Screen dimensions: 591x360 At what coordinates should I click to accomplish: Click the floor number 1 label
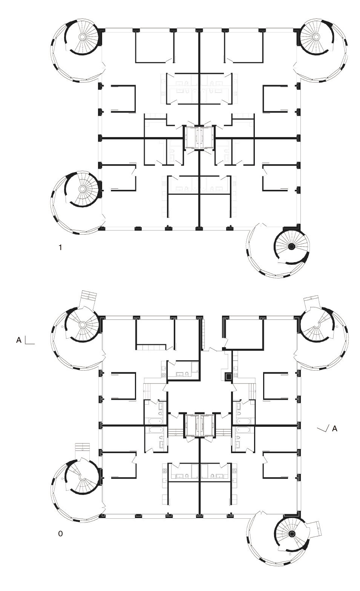click(x=60, y=248)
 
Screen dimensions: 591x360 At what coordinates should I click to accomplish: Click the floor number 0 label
click(x=60, y=534)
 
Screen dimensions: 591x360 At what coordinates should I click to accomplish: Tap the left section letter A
click(x=19, y=340)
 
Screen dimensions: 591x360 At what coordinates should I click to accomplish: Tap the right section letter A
click(x=334, y=428)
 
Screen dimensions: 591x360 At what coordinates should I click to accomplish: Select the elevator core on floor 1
click(x=199, y=138)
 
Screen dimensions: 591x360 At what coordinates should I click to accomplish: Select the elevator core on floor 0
click(x=199, y=426)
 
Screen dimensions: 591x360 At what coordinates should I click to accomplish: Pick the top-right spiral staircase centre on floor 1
click(x=316, y=37)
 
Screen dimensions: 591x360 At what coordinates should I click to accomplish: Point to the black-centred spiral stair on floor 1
click(x=291, y=246)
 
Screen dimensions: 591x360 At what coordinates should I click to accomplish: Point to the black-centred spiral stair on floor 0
click(x=291, y=534)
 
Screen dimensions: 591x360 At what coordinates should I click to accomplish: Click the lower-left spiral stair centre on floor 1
click(x=82, y=189)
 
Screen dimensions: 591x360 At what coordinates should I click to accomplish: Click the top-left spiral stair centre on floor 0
click(x=82, y=324)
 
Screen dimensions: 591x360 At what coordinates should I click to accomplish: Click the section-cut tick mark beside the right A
click(x=323, y=428)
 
